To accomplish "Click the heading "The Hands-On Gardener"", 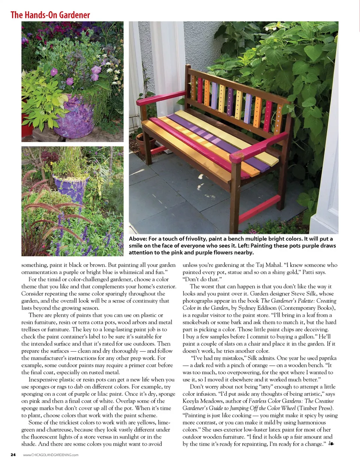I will pyautogui.click(x=50, y=15).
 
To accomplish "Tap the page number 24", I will pyautogui.click(x=13, y=455).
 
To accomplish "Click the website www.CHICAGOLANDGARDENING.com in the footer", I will pyautogui.click(x=51, y=455).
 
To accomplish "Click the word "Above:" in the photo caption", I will pyautogui.click(x=138, y=239).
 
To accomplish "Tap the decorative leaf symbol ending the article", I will pyautogui.click(x=331, y=444).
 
